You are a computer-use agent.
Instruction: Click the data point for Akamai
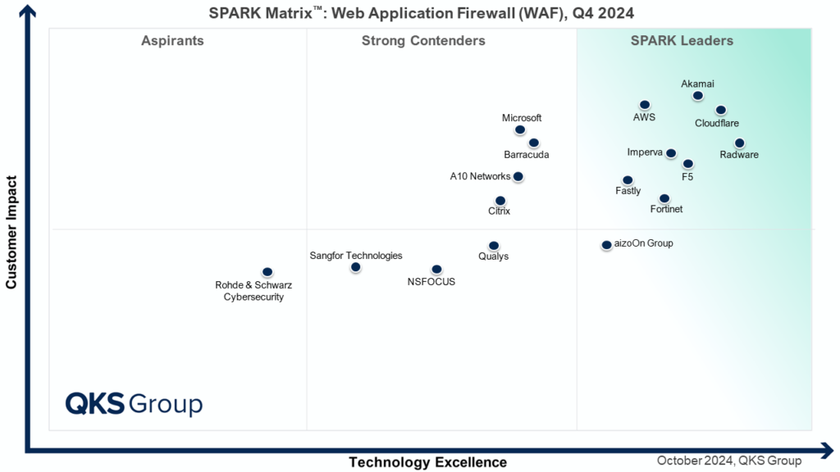[x=697, y=96]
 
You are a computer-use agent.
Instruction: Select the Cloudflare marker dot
[x=720, y=111]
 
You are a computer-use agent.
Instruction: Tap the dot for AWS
[x=645, y=105]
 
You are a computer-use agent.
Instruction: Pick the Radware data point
[x=739, y=143]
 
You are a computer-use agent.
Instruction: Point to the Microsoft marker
[x=519, y=129]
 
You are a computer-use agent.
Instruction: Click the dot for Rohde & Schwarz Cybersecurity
[x=267, y=272]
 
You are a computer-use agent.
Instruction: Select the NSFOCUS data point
[x=436, y=270]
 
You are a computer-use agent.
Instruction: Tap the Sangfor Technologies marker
[x=355, y=267]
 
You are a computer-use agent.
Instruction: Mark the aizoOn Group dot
[x=606, y=244]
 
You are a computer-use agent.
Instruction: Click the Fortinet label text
[x=666, y=210]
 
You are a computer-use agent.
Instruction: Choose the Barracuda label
[x=527, y=155]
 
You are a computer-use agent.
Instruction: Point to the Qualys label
[x=493, y=256]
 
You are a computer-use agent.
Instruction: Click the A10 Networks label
[x=480, y=176]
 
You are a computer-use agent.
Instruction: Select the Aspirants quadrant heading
[x=172, y=41]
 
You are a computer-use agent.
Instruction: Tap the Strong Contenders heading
[x=423, y=41]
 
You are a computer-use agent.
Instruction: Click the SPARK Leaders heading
[x=682, y=41]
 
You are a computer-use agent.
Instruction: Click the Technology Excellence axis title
[x=427, y=462]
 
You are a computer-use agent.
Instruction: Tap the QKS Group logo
[x=134, y=404]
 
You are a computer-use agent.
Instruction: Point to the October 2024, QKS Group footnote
[x=728, y=461]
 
